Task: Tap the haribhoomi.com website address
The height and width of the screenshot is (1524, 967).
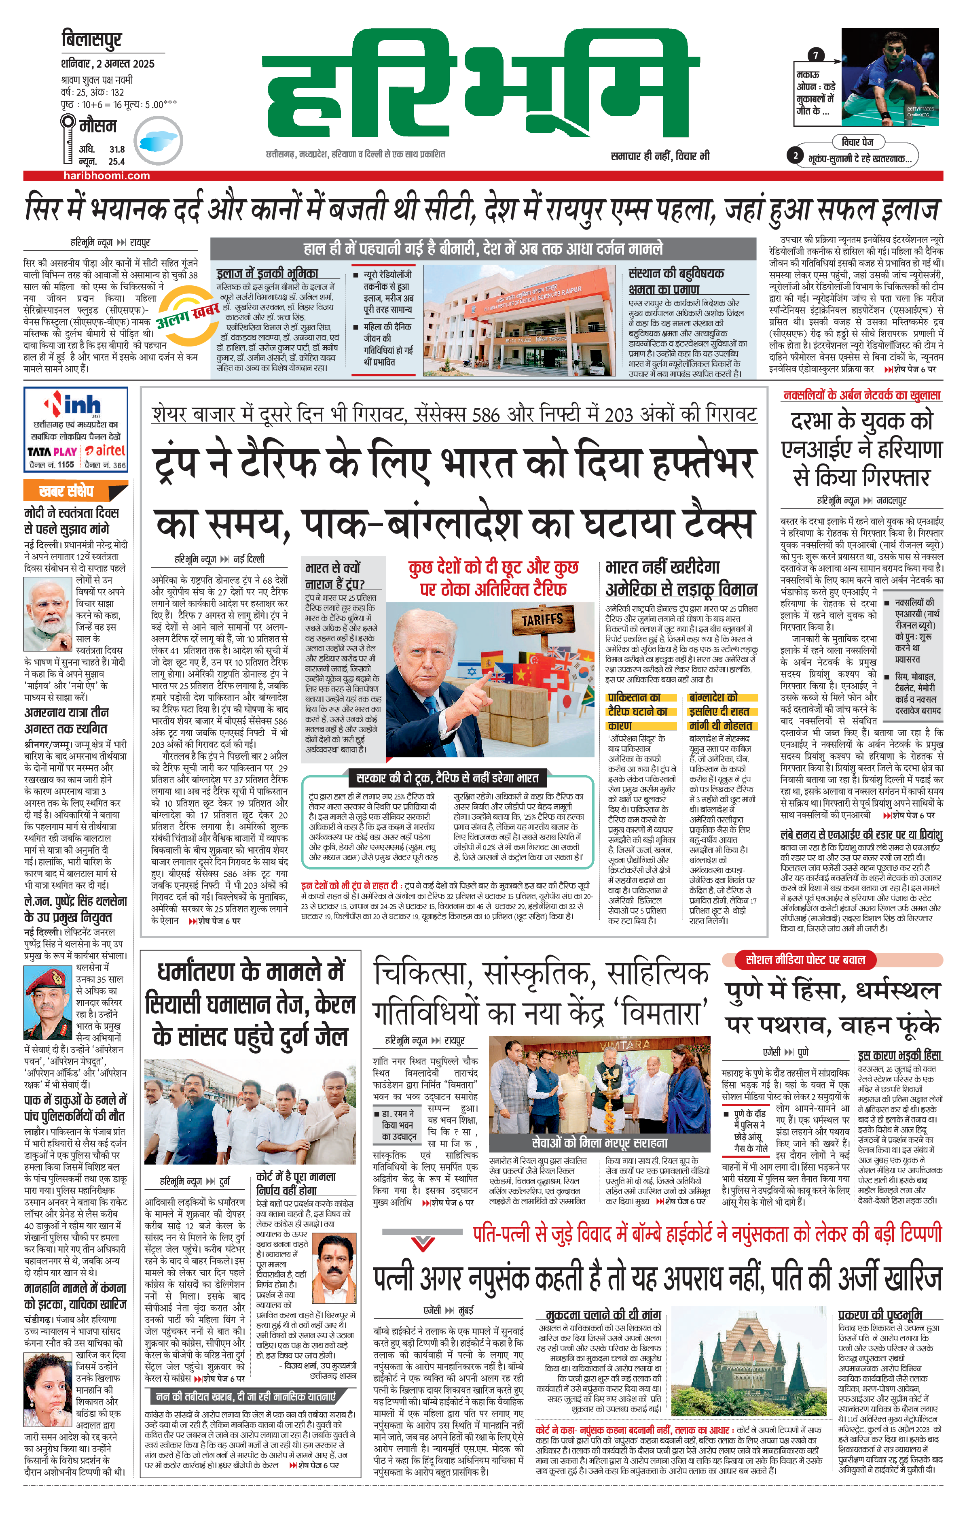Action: tap(106, 176)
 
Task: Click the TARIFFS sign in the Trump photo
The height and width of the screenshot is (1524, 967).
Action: tap(542, 619)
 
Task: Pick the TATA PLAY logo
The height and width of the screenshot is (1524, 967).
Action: tap(52, 451)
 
